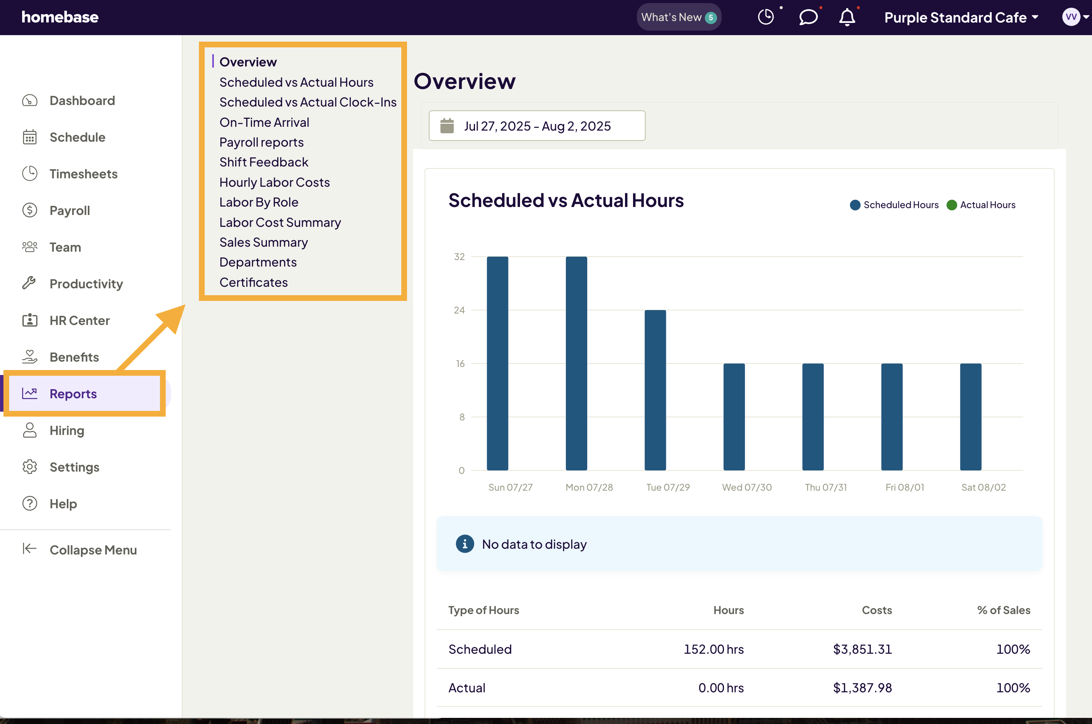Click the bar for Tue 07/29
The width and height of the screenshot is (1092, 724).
(x=655, y=390)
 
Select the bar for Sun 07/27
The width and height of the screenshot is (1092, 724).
(x=497, y=364)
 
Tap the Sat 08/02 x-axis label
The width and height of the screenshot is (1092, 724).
(x=983, y=487)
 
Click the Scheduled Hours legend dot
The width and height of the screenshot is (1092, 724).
(x=855, y=205)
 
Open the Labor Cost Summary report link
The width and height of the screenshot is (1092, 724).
(x=280, y=223)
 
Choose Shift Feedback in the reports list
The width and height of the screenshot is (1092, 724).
(x=264, y=162)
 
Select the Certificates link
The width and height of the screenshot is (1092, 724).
(x=254, y=282)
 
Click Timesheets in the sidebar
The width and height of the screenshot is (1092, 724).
(x=83, y=174)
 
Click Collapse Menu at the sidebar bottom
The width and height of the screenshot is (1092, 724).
(x=92, y=549)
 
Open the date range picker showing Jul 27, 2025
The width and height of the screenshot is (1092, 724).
(x=536, y=126)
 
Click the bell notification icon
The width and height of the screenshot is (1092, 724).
(x=846, y=18)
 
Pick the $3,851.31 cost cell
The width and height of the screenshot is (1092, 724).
(x=862, y=649)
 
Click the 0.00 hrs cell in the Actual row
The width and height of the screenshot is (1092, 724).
(x=720, y=688)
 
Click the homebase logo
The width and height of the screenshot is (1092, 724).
(x=60, y=18)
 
